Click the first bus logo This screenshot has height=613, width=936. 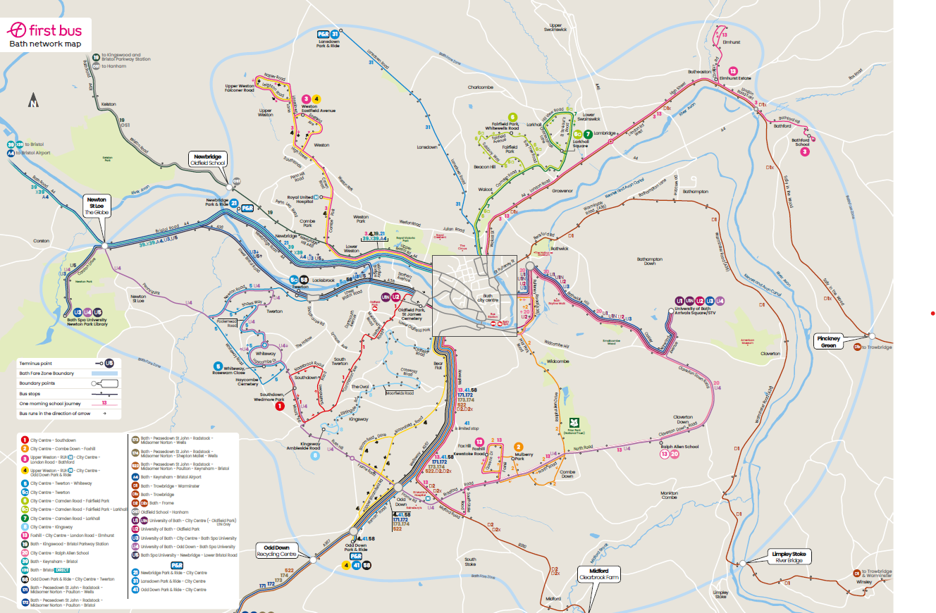[x=44, y=32]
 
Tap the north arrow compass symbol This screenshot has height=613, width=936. [x=33, y=101]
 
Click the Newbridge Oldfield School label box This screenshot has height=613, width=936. [x=208, y=159]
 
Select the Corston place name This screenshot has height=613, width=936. [x=41, y=240]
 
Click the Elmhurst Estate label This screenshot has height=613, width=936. [x=735, y=78]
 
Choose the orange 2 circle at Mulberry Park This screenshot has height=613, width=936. [x=518, y=447]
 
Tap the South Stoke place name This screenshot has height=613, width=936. [x=470, y=562]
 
